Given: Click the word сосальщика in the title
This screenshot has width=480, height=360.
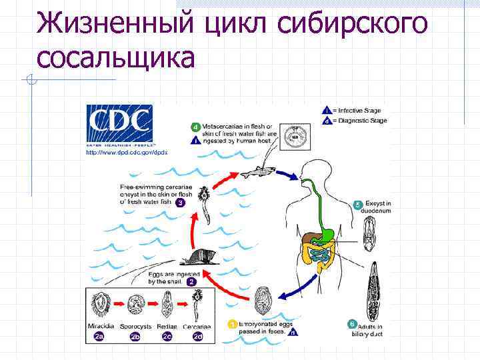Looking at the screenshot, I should click(x=116, y=57).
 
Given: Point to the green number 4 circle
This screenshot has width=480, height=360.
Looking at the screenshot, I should click(x=195, y=127).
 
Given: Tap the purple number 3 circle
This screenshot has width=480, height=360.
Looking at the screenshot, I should click(x=180, y=203).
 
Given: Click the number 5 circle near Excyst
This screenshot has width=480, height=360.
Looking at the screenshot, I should click(x=358, y=204).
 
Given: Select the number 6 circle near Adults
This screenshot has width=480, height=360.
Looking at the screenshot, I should click(x=352, y=325).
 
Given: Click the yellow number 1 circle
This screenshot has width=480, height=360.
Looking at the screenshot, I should click(x=233, y=325).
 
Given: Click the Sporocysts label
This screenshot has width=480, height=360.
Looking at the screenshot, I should click(x=135, y=327).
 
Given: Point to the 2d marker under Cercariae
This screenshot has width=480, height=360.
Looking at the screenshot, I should click(x=197, y=337).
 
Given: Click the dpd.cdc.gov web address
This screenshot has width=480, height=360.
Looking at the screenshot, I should click(x=126, y=153).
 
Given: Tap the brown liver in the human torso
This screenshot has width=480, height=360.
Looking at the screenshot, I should click(x=308, y=237).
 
